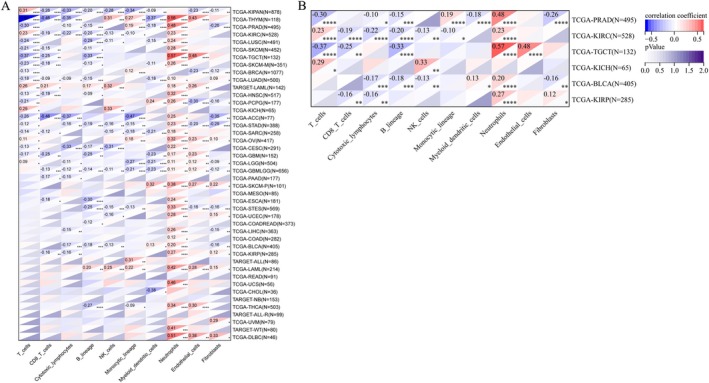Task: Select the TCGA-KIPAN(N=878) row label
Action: [x=257, y=11]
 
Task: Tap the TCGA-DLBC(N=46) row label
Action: [x=255, y=337]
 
